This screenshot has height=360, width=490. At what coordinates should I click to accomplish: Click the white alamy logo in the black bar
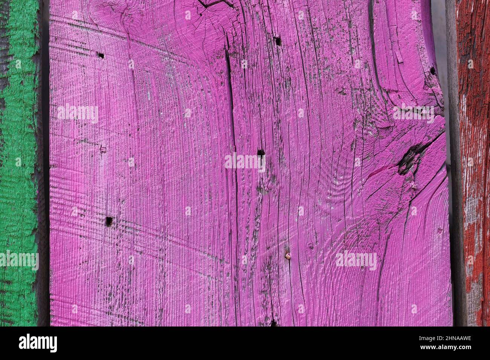(38, 343)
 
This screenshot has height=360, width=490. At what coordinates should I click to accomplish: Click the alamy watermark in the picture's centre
(245, 161)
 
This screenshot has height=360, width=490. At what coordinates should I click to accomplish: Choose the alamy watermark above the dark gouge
(413, 113)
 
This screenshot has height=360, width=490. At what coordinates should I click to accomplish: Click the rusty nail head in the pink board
(288, 256)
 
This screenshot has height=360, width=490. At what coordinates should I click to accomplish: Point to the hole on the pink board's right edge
(432, 70)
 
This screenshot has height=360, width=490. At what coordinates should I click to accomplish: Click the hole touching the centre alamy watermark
(260, 153)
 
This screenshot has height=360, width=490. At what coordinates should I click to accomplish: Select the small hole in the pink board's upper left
(101, 55)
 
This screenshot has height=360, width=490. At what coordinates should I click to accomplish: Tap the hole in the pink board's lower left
(109, 220)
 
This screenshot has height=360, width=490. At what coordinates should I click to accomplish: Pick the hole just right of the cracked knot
(278, 41)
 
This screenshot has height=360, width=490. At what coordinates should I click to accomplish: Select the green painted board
(19, 162)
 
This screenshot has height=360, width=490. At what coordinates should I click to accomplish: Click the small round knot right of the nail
(311, 247)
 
